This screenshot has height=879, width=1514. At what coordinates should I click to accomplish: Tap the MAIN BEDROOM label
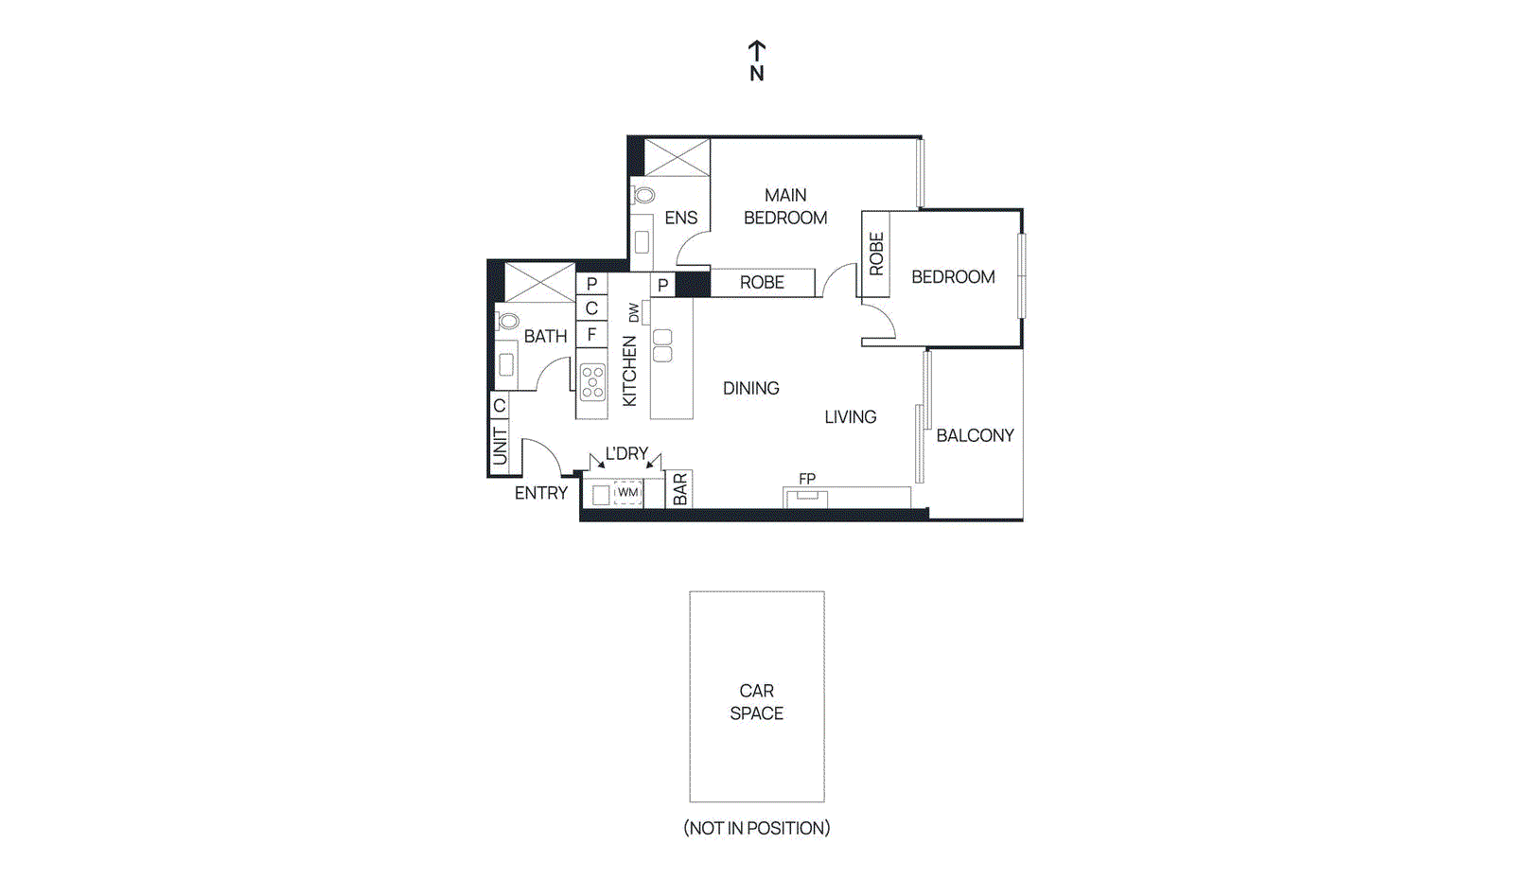pos(785,206)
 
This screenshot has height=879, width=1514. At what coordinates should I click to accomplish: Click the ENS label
pos(680,218)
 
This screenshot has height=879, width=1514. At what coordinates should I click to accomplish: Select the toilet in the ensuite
pos(644,196)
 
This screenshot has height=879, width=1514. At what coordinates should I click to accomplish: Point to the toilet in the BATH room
pos(509,321)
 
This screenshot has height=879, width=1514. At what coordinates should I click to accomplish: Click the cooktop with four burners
pos(592,382)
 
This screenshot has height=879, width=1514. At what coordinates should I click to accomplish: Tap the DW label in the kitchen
pos(634,312)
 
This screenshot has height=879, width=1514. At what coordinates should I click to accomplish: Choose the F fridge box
pos(591,334)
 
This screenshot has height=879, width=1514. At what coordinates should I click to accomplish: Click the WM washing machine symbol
pos(627,492)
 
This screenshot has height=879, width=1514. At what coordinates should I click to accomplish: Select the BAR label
pos(679,489)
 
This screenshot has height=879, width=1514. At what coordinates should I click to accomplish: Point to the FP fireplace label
pos(806,479)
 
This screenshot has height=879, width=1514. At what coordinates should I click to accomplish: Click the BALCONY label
pos(975,435)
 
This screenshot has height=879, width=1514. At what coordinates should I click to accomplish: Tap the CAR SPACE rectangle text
pos(756,702)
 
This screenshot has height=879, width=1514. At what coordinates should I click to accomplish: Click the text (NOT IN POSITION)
pos(756,828)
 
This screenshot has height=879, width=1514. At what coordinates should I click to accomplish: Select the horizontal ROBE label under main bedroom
pos(762,282)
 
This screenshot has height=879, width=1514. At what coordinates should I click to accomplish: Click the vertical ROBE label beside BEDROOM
pos(876,254)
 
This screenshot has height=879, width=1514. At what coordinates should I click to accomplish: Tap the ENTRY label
pos(541,493)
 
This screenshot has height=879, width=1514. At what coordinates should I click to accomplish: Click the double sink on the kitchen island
pos(662,345)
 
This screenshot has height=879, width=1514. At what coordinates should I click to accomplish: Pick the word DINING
pos(750,388)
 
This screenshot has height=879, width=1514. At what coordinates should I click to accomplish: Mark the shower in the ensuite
pos(677,157)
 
